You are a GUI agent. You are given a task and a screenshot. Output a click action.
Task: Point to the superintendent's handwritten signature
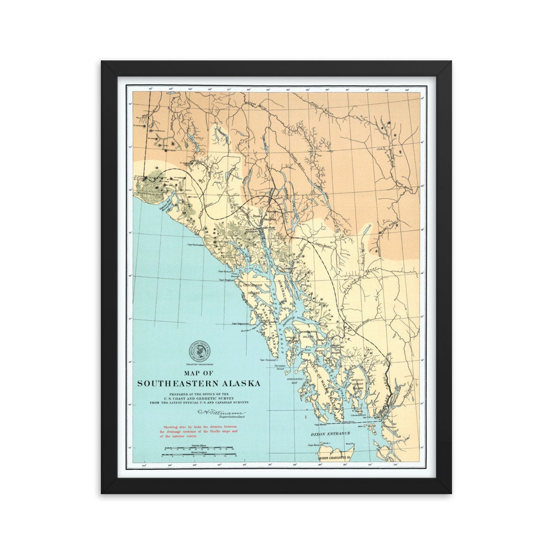pos(220,413)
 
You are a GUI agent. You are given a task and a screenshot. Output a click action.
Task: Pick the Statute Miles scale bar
pos(198,448)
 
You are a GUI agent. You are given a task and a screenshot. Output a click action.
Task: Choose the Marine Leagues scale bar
pos(198,455)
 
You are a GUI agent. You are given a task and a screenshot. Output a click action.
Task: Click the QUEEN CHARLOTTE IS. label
pos(336,458)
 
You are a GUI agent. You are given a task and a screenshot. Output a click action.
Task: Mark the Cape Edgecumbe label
pos(242,324)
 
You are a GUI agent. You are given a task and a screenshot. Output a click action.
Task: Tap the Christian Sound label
pos(280,367)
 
